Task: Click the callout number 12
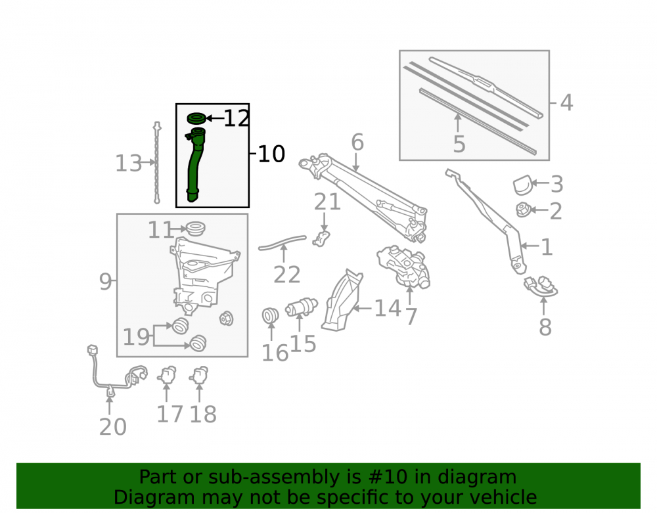tap(237, 118)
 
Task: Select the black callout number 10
tap(271, 154)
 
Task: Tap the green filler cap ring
tap(196, 118)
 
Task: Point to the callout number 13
tap(129, 164)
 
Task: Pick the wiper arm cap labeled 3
tap(523, 185)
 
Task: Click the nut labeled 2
tap(523, 210)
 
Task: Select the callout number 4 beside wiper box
tap(566, 102)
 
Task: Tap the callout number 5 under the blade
tap(459, 144)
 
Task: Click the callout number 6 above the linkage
tap(357, 142)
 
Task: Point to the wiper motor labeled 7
tap(403, 267)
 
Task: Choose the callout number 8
tap(545, 327)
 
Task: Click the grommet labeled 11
tap(195, 229)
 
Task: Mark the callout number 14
tap(388, 308)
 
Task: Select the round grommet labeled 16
tap(270, 315)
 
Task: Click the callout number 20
tap(113, 427)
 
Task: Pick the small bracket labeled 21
tap(321, 238)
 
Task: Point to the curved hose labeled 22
tap(283, 242)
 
